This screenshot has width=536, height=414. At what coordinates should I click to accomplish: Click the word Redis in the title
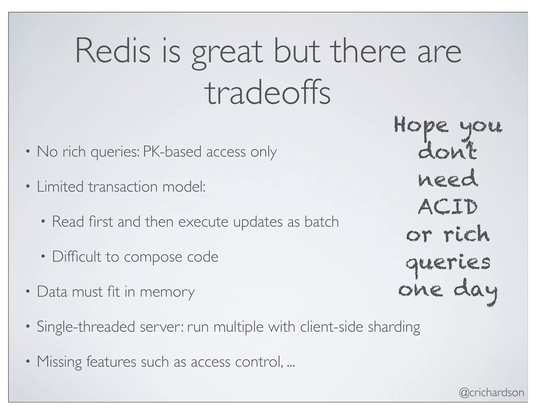[113, 51]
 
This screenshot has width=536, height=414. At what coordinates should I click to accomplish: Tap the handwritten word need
[448, 179]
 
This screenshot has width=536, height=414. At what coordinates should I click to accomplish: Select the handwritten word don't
[447, 151]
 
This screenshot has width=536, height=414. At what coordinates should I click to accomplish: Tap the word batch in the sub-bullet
[321, 222]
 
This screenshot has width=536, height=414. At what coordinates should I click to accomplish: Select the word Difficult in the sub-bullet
[76, 257]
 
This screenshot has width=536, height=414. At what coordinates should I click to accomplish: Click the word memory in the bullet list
[167, 292]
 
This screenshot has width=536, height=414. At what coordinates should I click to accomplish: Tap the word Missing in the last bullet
[59, 362]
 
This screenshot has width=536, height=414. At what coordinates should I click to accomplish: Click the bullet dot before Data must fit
[28, 292]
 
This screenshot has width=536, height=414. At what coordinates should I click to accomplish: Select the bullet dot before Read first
[43, 222]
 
